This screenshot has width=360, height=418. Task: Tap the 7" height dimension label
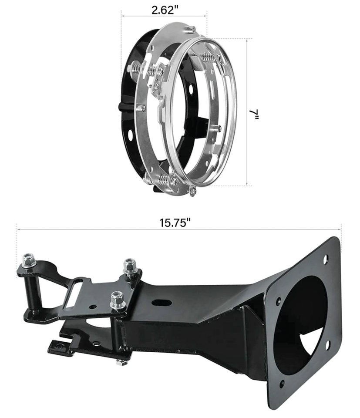point(254,114)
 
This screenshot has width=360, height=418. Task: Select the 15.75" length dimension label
point(175,223)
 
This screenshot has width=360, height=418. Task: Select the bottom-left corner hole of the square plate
point(282,384)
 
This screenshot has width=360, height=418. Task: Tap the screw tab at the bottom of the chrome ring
point(192,190)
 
